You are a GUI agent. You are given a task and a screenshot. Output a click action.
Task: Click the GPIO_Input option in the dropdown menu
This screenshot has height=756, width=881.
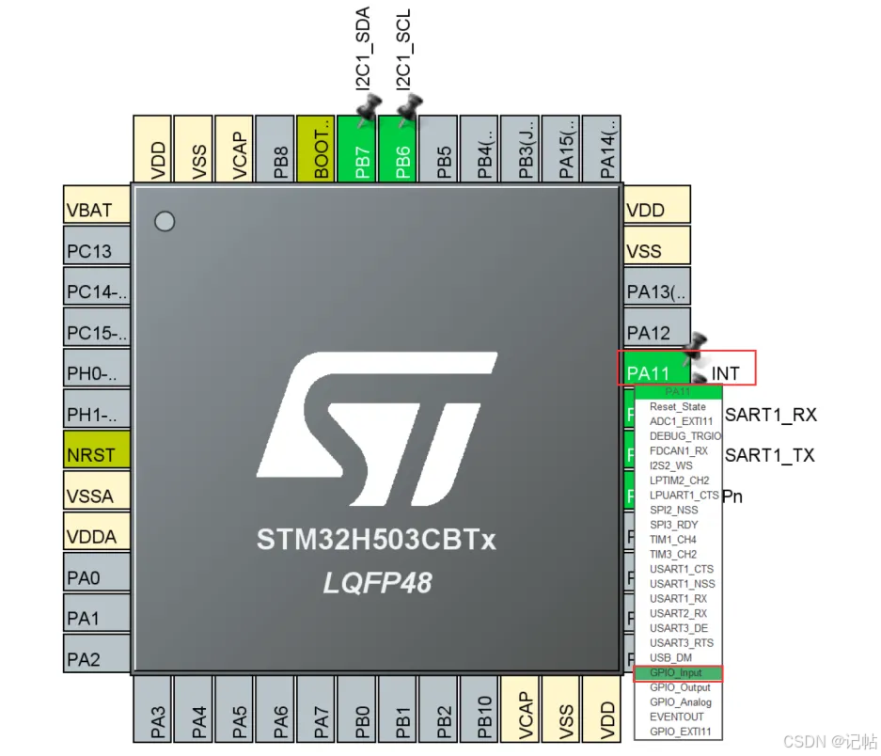(677, 673)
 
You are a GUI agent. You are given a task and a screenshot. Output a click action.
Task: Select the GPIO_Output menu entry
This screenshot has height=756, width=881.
(680, 687)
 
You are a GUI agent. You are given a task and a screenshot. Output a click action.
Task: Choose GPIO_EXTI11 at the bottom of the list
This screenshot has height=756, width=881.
(680, 732)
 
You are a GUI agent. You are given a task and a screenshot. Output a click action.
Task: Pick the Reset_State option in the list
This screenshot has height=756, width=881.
(677, 407)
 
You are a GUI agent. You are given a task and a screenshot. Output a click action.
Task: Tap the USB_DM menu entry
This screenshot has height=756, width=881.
(670, 658)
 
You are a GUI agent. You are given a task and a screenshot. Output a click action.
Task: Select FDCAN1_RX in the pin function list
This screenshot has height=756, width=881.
(679, 450)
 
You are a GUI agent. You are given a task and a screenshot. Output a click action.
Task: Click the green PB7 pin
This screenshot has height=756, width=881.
(362, 150)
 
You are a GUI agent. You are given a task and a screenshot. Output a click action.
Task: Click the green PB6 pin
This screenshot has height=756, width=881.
(402, 150)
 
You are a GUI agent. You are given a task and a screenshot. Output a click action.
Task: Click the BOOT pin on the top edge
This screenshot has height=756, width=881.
(321, 150)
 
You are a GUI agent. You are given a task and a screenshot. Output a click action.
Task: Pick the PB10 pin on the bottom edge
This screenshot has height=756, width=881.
(483, 713)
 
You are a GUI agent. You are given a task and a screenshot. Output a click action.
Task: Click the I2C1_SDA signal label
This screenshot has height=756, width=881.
(363, 49)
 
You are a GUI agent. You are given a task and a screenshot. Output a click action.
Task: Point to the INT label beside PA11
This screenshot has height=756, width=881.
(725, 374)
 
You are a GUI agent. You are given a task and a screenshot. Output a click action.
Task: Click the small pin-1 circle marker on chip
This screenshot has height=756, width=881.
(165, 222)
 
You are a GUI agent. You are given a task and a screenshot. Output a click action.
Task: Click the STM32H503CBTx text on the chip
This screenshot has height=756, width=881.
(376, 541)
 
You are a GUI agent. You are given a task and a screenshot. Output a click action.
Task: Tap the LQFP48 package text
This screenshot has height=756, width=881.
(377, 583)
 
